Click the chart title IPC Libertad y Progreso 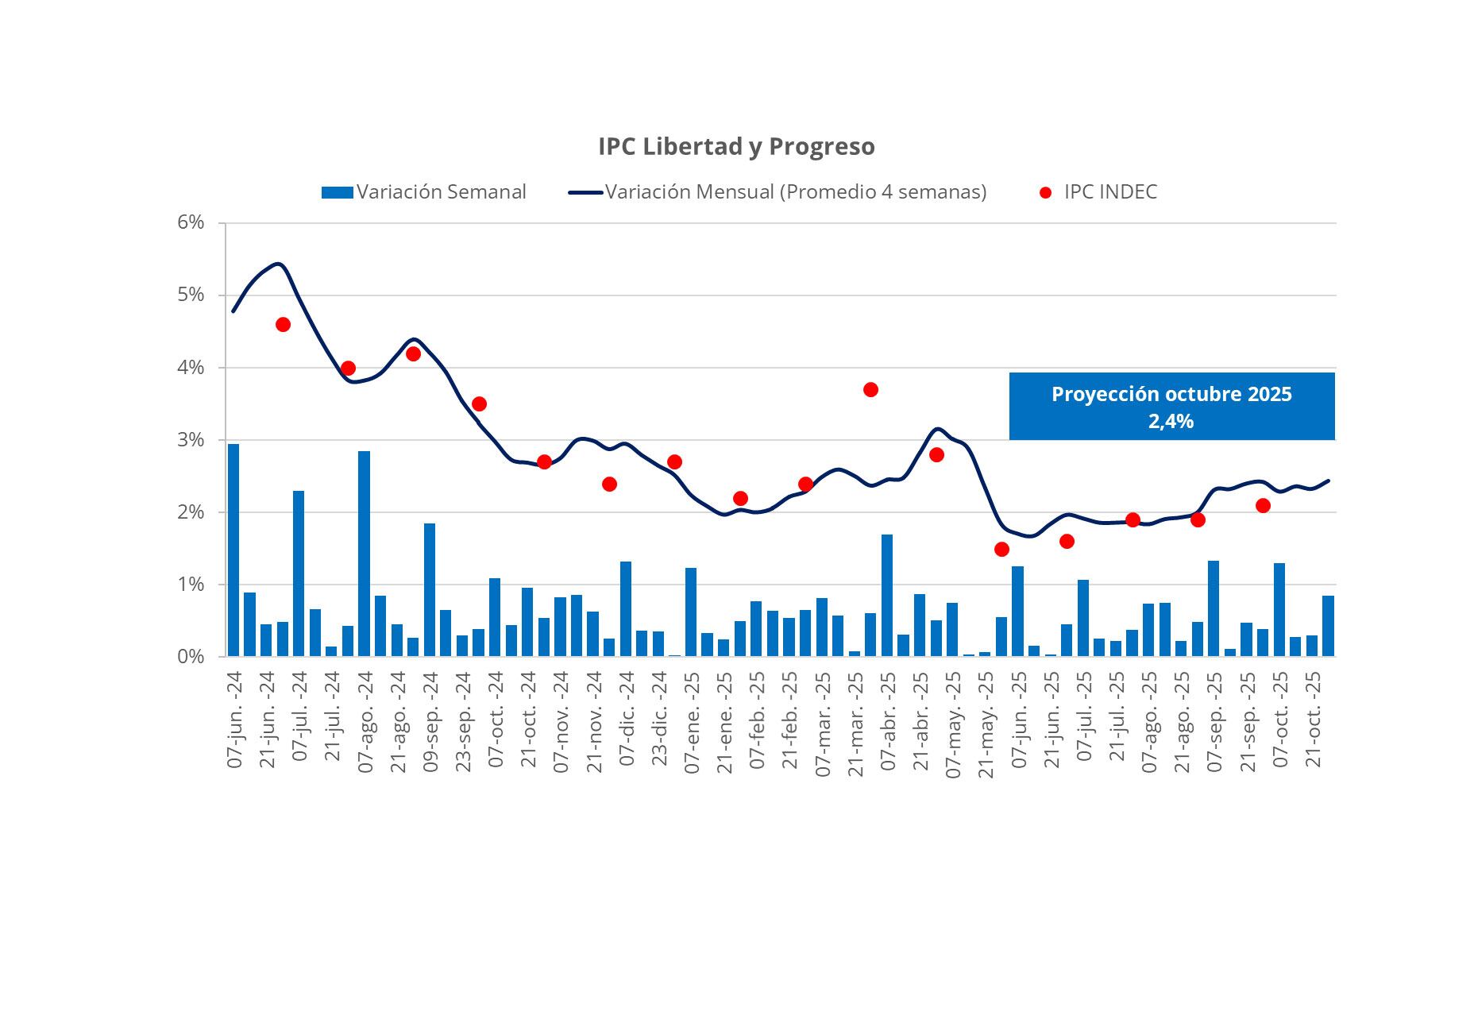coord(736,147)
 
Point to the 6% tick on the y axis coord(191,223)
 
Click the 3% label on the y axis coord(191,440)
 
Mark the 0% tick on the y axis coord(191,657)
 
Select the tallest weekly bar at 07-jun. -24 coord(233,550)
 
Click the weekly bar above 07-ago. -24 coord(364,554)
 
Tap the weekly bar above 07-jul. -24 coord(299,573)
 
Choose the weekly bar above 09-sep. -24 coord(430,590)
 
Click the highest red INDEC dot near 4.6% coord(283,324)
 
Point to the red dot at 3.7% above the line coord(870,389)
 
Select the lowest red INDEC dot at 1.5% coord(1001,549)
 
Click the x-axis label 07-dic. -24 coord(627,719)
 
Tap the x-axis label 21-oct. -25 coord(1314,719)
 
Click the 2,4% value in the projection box coord(1171,422)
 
